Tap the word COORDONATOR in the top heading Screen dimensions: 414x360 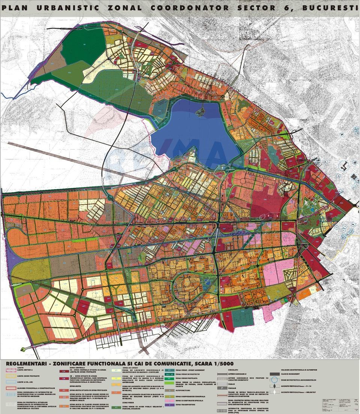coord(189,7)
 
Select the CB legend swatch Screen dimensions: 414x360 coord(64,379)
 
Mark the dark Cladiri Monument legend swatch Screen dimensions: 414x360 coord(276,374)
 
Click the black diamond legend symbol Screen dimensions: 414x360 coord(276,386)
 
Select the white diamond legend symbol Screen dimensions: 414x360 coord(276,392)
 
